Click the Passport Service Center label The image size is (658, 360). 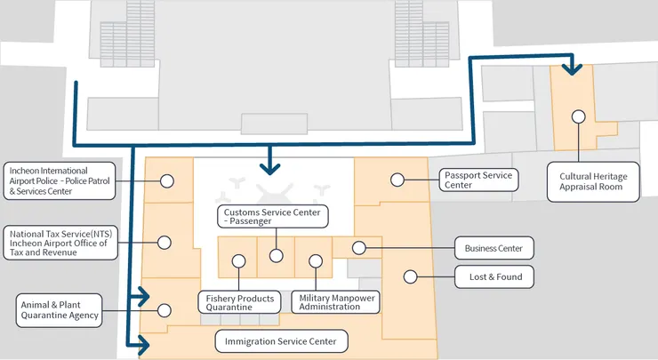coord(477,180)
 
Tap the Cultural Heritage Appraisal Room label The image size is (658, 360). coord(593,182)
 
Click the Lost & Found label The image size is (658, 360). coord(494,277)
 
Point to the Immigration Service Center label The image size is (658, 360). coord(281,340)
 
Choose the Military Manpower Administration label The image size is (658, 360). coord(330,301)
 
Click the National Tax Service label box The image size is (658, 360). coord(60,242)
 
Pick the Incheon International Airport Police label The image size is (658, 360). coord(60,180)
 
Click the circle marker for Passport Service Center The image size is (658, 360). coord(397,180)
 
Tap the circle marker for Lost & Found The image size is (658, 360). coord(410,276)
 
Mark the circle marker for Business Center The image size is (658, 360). coord(360,248)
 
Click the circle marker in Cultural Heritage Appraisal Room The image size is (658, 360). coord(578,116)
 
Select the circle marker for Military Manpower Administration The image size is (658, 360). coord(315,260)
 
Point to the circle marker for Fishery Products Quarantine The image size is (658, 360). coord(238,260)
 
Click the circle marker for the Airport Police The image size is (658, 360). coord(165,180)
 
